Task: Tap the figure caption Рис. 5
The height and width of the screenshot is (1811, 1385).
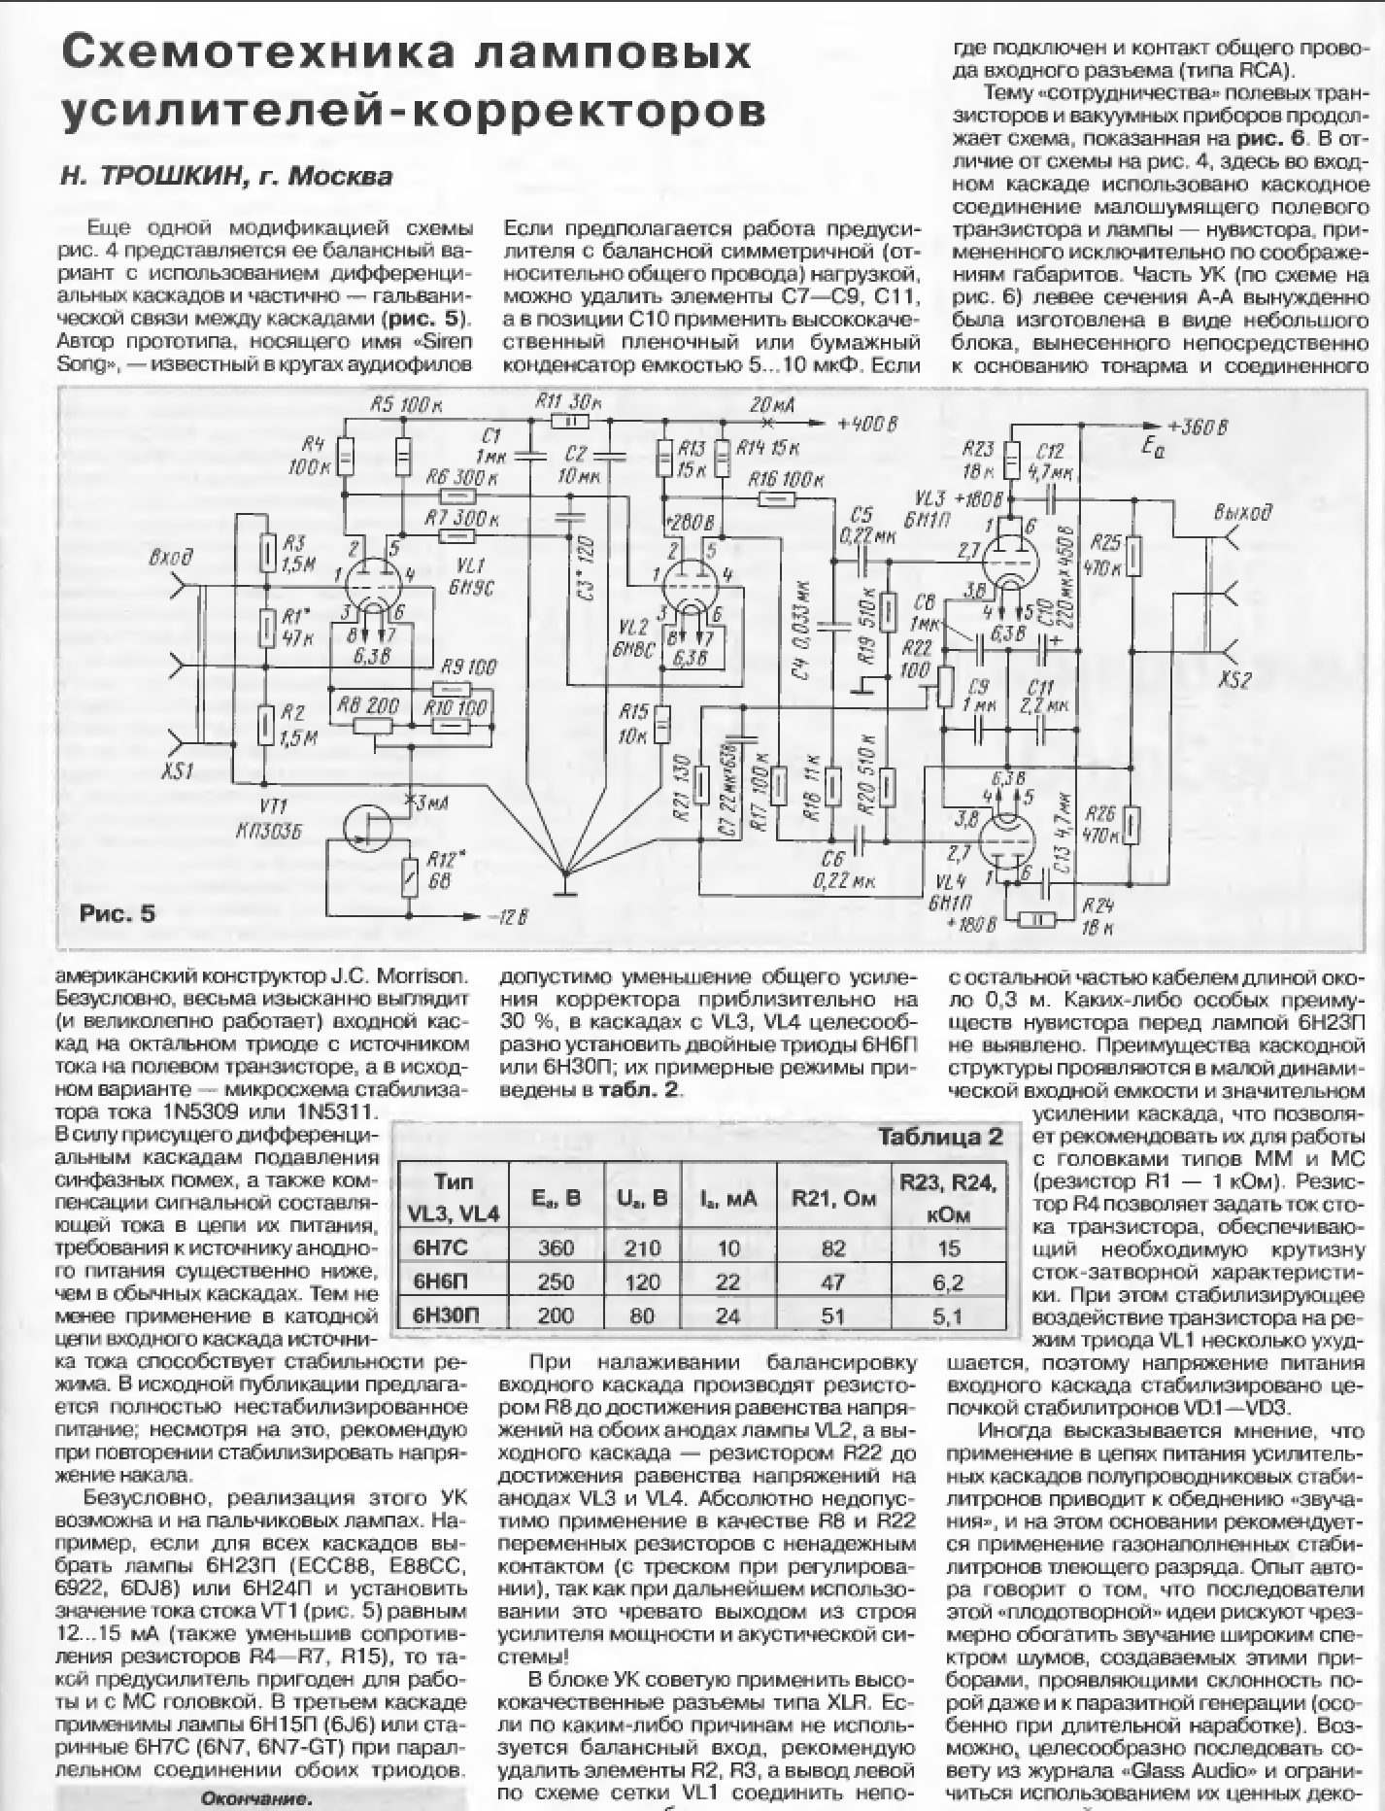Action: pyautogui.click(x=117, y=913)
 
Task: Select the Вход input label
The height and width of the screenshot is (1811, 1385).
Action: pyautogui.click(x=171, y=560)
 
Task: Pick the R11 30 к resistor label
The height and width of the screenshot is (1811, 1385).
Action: pyautogui.click(x=568, y=401)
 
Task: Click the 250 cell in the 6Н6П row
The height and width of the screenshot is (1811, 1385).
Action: pyautogui.click(x=556, y=1282)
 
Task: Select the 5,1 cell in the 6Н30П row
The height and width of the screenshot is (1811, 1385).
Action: pyautogui.click(x=946, y=1316)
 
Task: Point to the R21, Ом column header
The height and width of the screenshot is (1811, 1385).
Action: pyautogui.click(x=833, y=1199)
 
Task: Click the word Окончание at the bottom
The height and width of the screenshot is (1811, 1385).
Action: pyautogui.click(x=254, y=1798)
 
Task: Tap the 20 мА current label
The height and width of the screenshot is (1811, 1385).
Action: pyautogui.click(x=769, y=404)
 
